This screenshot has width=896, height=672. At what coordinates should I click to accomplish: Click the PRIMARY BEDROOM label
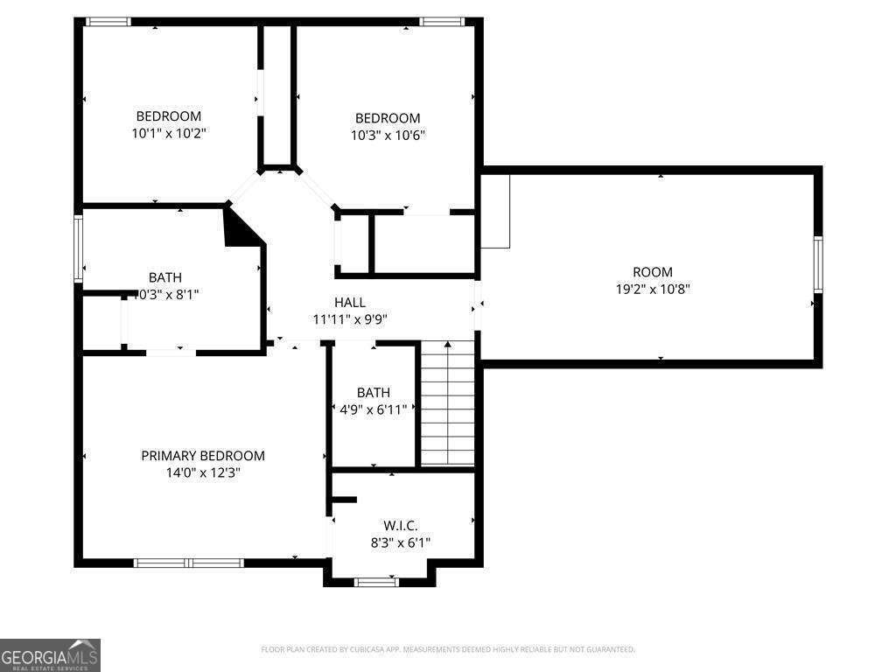[203, 456]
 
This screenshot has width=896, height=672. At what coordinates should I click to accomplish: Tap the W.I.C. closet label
[400, 526]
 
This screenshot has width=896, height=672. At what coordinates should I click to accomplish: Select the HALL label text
[350, 303]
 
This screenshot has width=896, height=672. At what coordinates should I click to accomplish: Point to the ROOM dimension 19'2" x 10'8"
[653, 289]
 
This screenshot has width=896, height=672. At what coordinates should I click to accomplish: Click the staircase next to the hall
[447, 402]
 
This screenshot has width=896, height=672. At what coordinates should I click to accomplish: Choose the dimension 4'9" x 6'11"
[374, 409]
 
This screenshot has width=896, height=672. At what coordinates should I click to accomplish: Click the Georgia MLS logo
[50, 655]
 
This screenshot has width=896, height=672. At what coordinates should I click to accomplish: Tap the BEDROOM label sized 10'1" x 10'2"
[168, 116]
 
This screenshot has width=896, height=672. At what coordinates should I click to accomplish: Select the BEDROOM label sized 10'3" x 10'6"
[387, 118]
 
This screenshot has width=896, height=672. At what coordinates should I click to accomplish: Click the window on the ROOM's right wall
[818, 263]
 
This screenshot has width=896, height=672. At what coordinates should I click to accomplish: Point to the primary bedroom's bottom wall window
[188, 563]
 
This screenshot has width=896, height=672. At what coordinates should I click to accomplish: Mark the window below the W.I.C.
[377, 582]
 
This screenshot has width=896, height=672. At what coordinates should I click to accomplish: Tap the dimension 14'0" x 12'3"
[203, 472]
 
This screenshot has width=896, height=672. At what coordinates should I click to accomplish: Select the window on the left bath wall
[78, 249]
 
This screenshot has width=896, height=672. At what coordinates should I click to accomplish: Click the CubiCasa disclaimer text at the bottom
[447, 649]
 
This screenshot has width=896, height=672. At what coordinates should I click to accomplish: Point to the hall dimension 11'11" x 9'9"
[350, 319]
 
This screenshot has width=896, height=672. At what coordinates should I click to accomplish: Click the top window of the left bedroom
[108, 21]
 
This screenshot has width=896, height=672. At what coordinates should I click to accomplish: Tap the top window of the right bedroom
[440, 21]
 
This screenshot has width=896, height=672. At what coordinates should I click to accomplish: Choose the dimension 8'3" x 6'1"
[400, 542]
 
